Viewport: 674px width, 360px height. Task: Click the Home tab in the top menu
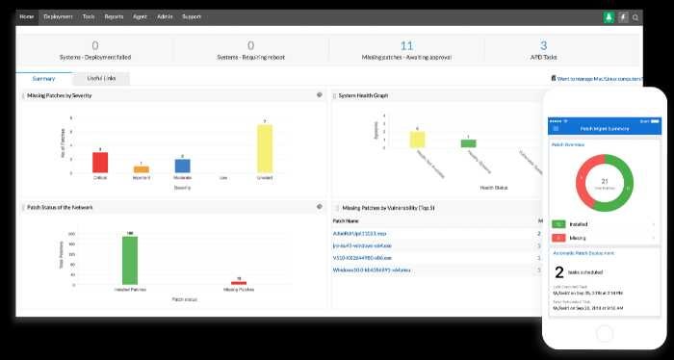pos(27,16)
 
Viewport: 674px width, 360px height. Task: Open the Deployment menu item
pos(58,16)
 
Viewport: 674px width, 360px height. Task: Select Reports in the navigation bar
pos(114,16)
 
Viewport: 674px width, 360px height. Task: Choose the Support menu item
pos(192,16)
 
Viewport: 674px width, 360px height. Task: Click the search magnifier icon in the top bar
pos(635,17)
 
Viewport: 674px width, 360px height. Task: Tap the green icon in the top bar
pos(609,17)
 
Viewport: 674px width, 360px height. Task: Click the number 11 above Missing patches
pos(406,45)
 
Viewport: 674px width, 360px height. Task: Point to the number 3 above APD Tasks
pos(543,45)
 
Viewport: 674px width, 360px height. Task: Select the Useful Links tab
pos(100,78)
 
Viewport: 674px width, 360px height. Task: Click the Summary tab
pos(43,78)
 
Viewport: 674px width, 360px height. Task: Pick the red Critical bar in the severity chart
pos(100,162)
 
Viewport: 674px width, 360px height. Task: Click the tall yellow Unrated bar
pos(265,148)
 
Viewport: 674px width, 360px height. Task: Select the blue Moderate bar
pos(183,166)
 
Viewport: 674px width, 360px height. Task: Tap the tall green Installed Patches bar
pos(129,259)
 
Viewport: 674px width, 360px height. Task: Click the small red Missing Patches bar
pos(238,282)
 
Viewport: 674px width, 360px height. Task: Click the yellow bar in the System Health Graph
pos(417,139)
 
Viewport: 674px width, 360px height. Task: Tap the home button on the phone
pos(605,333)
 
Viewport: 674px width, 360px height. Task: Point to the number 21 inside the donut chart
pos(604,179)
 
